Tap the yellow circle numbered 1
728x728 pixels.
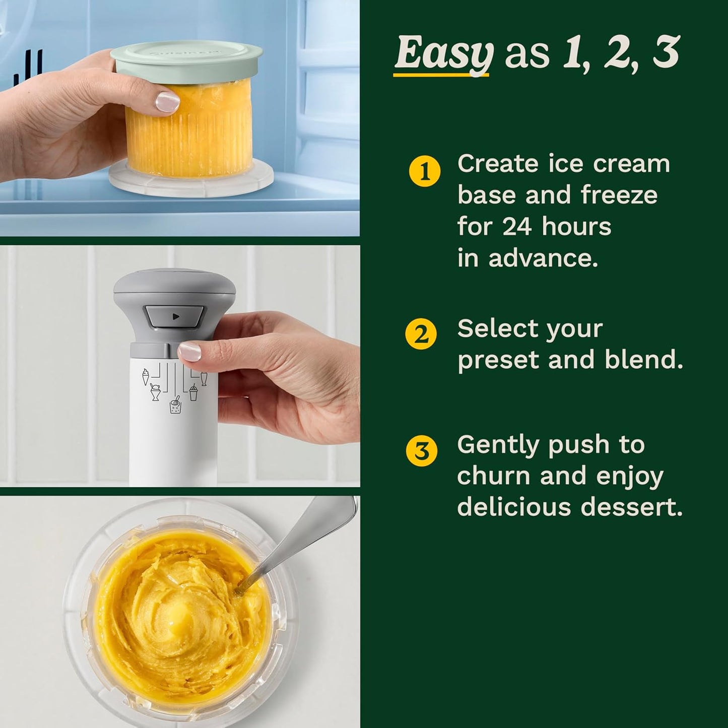(425, 172)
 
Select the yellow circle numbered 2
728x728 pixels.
(421, 335)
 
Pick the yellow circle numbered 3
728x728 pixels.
(422, 451)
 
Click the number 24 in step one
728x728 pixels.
(517, 227)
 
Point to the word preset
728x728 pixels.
(498, 361)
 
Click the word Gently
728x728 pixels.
(498, 445)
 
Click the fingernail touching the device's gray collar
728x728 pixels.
(190, 351)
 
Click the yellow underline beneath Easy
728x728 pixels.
(441, 75)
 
